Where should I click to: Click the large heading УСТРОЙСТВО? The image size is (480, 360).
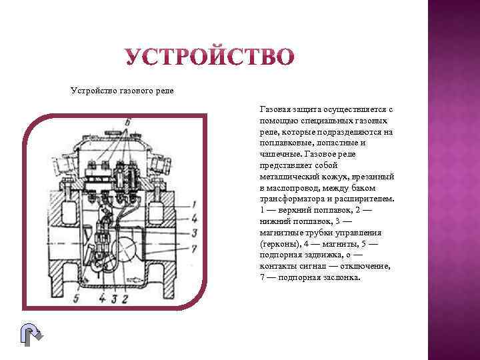[208, 56]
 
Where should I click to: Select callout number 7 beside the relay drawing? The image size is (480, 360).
[193, 248]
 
